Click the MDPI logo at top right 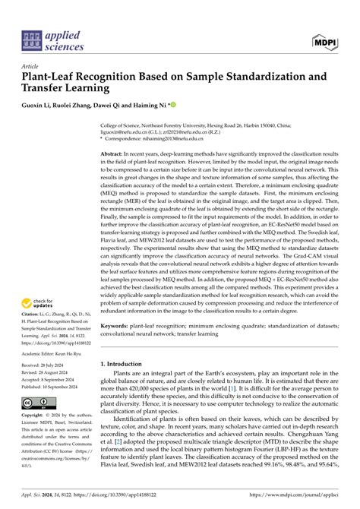click(324, 40)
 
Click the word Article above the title click(30, 66)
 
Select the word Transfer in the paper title click(51, 89)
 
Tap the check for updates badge click(41, 305)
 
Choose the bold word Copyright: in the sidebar click(36, 416)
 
